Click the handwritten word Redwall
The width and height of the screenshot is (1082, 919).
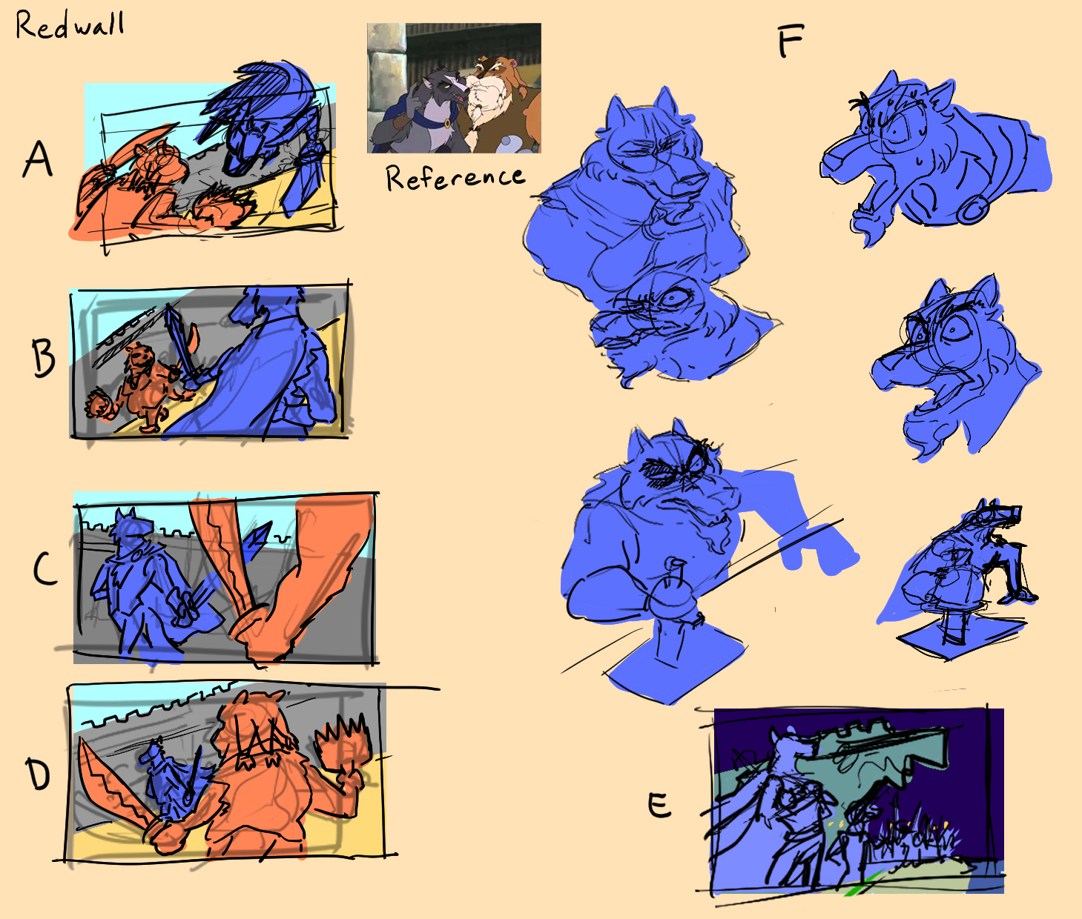point(70,25)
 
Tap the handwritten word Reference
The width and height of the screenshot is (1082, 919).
point(455,178)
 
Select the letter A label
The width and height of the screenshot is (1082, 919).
point(38,160)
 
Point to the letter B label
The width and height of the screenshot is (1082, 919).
point(44,358)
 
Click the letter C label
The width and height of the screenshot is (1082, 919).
point(44,568)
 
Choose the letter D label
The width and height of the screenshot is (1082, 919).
point(39,774)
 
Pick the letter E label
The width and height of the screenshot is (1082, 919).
point(659,805)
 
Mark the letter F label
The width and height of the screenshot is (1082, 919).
point(791,42)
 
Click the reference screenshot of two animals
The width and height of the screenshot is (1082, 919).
point(454,88)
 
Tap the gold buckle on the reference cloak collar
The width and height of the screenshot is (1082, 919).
point(448,124)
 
